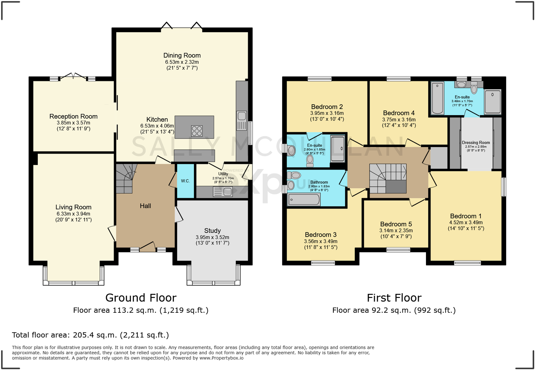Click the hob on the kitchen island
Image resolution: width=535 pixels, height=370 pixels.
[x=197, y=131]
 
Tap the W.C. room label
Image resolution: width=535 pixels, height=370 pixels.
[x=186, y=181]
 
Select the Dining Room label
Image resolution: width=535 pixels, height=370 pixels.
[x=182, y=56]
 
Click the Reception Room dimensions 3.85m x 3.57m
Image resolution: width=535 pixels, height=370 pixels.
[x=73, y=123]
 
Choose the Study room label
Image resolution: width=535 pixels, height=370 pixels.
[x=212, y=231]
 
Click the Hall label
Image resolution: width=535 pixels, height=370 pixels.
[x=145, y=206]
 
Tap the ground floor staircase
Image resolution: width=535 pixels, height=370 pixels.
[x=124, y=178]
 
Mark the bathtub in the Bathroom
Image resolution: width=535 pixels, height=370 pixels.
[x=304, y=200]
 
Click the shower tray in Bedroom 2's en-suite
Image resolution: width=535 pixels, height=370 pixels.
[x=337, y=148]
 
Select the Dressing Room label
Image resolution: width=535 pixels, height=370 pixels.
[x=476, y=143]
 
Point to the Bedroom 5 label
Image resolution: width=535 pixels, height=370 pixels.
[x=396, y=224]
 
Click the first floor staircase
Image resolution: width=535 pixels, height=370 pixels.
[x=388, y=178]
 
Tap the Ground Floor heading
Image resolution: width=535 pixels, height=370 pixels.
[x=141, y=298]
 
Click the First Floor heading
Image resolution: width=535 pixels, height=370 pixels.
[x=394, y=298]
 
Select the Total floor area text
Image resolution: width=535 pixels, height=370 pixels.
[x=91, y=335]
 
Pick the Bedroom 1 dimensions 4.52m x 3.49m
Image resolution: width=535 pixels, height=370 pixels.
[x=466, y=223]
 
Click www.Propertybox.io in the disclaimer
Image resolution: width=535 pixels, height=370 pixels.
[x=222, y=358]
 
